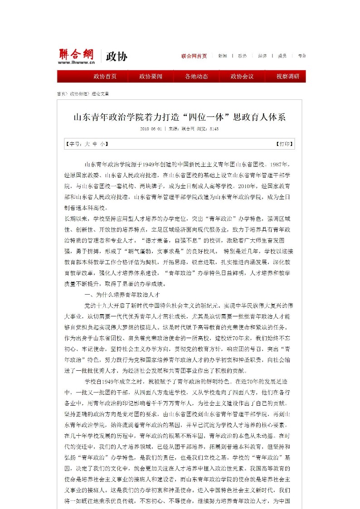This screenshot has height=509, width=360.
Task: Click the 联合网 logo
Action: click(76, 54)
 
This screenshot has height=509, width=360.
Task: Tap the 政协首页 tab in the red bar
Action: click(105, 76)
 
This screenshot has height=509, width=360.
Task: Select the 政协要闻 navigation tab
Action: click(151, 76)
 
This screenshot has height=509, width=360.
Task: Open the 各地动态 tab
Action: click(196, 76)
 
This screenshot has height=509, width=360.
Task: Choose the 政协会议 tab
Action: click(242, 76)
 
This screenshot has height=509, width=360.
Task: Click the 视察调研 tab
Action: click(288, 76)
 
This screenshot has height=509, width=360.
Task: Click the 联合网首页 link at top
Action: click(194, 56)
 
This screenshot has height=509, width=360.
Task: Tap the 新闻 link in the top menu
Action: click(222, 56)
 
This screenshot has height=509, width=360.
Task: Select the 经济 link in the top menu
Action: click(262, 56)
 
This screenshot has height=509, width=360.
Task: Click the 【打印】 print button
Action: click(284, 144)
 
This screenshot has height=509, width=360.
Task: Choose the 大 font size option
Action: click(87, 144)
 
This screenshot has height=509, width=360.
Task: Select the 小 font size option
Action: click(102, 144)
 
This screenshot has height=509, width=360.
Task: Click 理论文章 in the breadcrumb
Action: click(100, 93)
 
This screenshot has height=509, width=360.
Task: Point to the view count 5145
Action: click(214, 129)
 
